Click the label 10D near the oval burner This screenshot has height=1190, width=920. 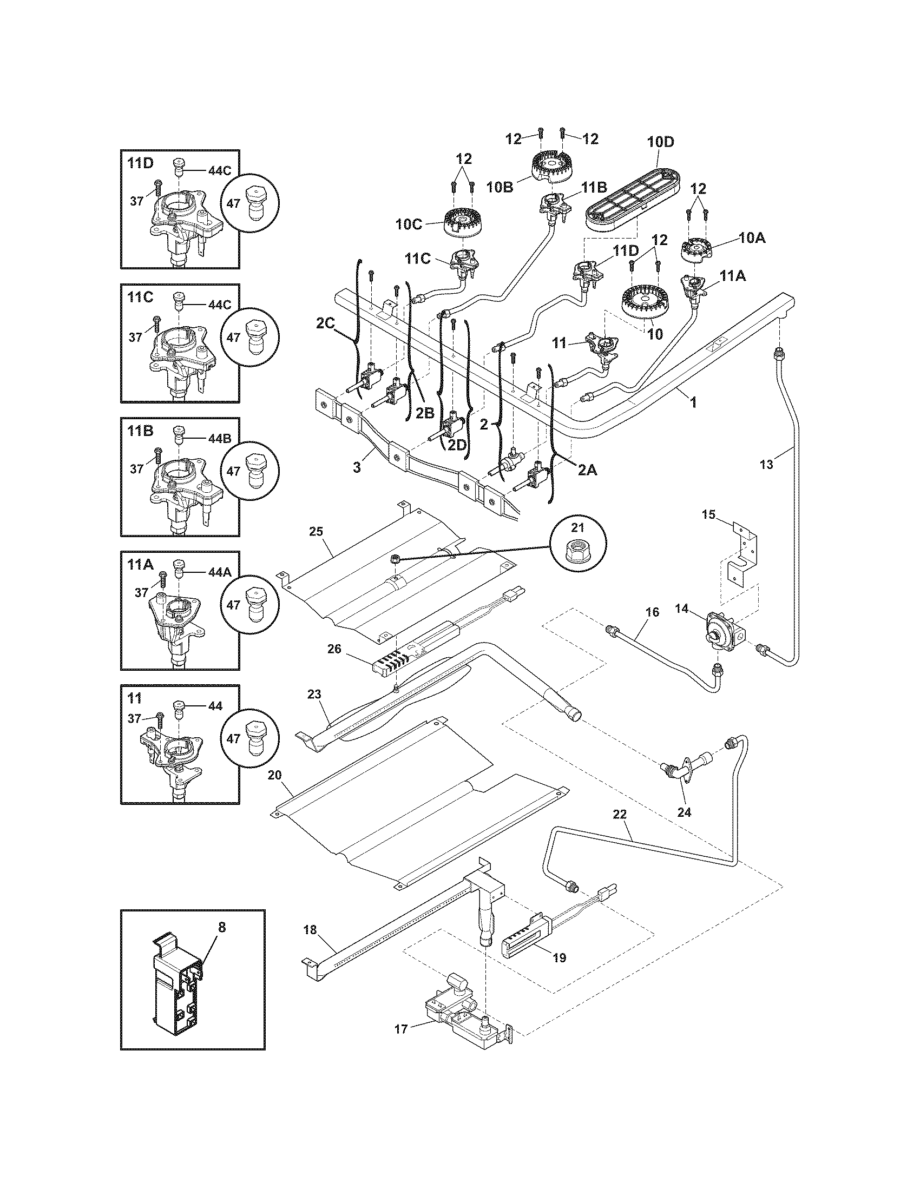coord(660,142)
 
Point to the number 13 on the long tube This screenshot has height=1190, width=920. coord(766,464)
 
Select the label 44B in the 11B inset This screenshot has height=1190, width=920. coord(220,439)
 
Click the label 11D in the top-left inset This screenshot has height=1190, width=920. coord(141,163)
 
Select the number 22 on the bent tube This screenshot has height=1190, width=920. coord(620,829)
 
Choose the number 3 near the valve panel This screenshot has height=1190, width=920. coord(357,467)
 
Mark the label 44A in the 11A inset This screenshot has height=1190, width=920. coord(220,573)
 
